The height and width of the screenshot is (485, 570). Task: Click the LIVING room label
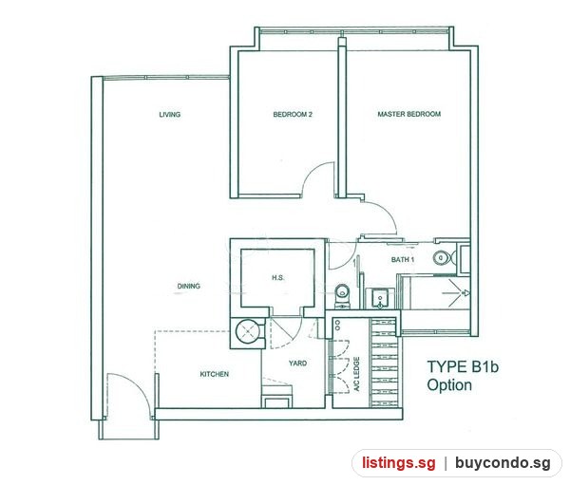click(x=170, y=115)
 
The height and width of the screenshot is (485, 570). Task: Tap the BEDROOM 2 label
click(x=293, y=115)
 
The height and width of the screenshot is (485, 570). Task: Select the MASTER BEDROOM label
click(x=408, y=114)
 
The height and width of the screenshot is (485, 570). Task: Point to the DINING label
click(x=189, y=287)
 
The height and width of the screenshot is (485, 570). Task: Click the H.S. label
click(x=278, y=278)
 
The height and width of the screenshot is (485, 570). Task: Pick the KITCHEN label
click(x=215, y=374)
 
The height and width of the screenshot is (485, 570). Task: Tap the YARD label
click(x=297, y=364)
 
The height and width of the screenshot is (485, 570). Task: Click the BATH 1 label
click(x=403, y=260)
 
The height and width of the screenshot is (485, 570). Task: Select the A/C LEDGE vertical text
click(x=356, y=374)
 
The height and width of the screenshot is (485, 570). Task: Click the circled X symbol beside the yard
click(x=248, y=331)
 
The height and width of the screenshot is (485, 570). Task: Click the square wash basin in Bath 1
click(x=380, y=299)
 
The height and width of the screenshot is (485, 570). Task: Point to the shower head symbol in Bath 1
click(x=465, y=293)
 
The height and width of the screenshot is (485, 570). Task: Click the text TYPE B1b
click(x=463, y=367)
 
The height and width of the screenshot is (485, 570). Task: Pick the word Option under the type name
click(x=449, y=385)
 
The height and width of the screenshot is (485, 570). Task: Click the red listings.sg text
click(x=398, y=463)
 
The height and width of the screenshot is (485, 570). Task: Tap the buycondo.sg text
click(x=503, y=463)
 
